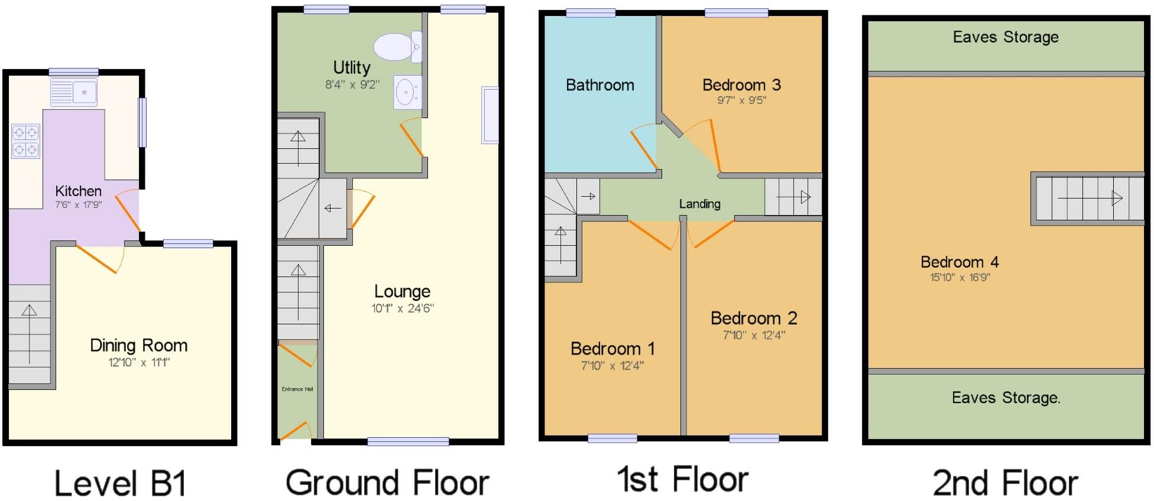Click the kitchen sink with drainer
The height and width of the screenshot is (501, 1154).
click(x=73, y=92)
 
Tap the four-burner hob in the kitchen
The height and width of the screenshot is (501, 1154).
click(x=25, y=141)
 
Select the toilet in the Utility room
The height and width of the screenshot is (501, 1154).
click(x=397, y=47)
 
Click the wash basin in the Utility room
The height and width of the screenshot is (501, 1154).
click(x=407, y=92)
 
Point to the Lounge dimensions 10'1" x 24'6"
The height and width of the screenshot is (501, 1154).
click(x=402, y=308)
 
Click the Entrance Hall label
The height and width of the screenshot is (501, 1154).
click(x=297, y=389)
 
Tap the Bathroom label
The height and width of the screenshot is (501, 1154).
click(x=599, y=85)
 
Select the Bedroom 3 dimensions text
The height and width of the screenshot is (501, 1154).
click(x=741, y=100)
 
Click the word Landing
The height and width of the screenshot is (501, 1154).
click(x=699, y=204)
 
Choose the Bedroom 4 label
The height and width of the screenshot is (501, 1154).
click(x=959, y=262)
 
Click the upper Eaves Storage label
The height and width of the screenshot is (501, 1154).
click(x=1006, y=37)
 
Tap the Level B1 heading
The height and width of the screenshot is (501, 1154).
click(x=121, y=483)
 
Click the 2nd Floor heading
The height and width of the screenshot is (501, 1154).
click(x=1005, y=483)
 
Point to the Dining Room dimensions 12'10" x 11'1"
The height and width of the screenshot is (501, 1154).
click(x=139, y=362)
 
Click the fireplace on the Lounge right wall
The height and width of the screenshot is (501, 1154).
click(x=490, y=115)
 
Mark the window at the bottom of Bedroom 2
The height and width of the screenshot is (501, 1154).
click(x=754, y=438)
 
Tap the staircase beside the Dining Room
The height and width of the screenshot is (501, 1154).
click(x=29, y=334)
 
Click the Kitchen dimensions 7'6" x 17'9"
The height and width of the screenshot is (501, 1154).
click(x=78, y=205)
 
